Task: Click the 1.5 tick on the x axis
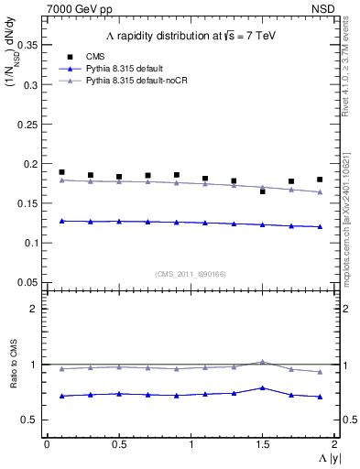coord(262,444)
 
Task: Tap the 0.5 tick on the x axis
coord(118,444)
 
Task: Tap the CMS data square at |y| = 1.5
coord(262,191)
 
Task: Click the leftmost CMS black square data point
coord(61,172)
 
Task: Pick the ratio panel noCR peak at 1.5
coord(262,362)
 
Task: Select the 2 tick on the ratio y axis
coord(34,309)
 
